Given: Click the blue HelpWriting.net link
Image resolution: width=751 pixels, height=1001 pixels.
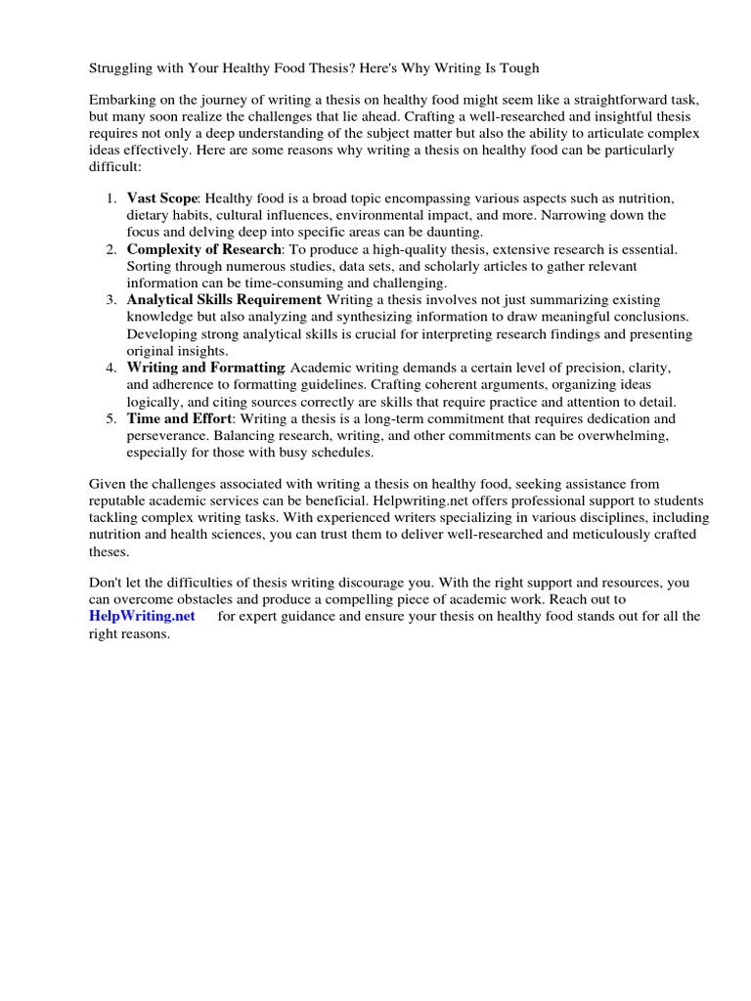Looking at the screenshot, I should pos(142,616).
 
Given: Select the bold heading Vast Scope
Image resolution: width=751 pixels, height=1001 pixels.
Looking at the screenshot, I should pos(161,198).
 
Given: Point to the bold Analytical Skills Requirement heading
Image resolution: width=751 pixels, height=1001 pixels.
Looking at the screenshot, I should pos(223,299).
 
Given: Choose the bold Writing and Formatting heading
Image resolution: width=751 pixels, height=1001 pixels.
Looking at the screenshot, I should pos(204,368).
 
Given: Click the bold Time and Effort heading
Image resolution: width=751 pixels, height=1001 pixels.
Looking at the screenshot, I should pos(179,418).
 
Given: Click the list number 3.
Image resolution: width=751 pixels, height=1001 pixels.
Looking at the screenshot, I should pos(111,299).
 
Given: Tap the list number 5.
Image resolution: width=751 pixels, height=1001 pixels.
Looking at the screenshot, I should pos(111,418).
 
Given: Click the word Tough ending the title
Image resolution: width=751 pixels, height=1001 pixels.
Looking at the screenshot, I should pos(518,67).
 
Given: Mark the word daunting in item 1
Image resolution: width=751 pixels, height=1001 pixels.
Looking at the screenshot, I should pos(457,232).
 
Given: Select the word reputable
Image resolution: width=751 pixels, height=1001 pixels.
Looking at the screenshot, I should pos(121,500).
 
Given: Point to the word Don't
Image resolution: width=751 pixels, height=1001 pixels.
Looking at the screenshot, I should pos(107,583).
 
